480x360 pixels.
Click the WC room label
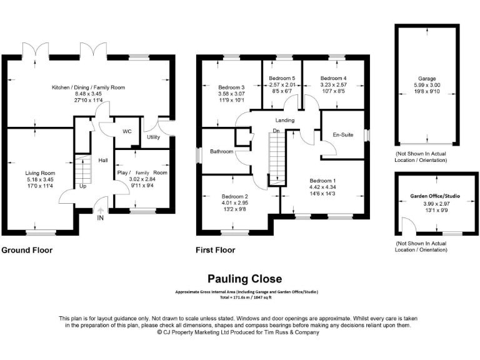pyautogui.click(x=127, y=131)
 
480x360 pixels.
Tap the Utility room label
pyautogui.click(x=154, y=137)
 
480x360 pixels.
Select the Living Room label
pyautogui.click(x=40, y=173)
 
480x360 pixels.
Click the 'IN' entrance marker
pyautogui.click(x=100, y=218)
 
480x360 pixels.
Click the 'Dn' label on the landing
pyautogui.click(x=276, y=131)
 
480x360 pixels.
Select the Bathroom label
pyautogui.click(x=221, y=152)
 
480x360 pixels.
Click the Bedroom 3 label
pyautogui.click(x=231, y=87)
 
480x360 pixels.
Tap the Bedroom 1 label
pyautogui.click(x=322, y=179)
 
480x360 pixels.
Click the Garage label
pyautogui.click(x=422, y=79)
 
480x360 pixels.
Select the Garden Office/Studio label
pyautogui.click(x=435, y=196)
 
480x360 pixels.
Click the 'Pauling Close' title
pyautogui.click(x=244, y=279)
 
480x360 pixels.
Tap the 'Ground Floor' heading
pyautogui.click(x=27, y=251)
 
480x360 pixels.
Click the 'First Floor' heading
pyautogui.click(x=215, y=251)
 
